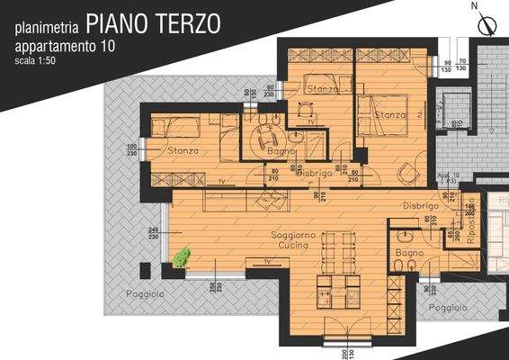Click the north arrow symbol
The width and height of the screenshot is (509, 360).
pos(487,22)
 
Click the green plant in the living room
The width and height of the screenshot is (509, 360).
pos(182,258)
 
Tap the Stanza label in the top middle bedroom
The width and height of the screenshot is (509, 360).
pos(322,90)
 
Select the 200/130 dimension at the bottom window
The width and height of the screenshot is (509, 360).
pos(346,351)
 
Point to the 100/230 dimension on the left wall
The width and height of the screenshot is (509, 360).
pos(131,151)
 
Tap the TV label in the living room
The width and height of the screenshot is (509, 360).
pos(266,261)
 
